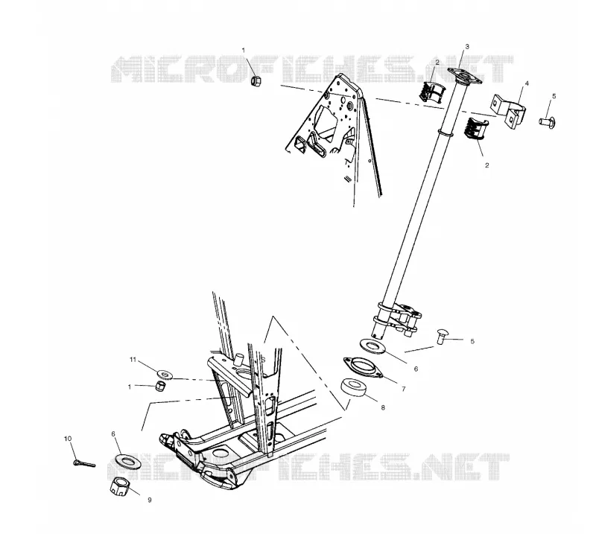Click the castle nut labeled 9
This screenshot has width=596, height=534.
click(x=120, y=486)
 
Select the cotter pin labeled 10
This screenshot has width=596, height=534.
click(x=84, y=463)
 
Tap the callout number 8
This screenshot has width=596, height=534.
click(x=383, y=407)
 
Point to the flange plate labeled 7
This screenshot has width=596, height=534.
click(x=363, y=367)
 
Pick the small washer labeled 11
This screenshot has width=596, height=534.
click(x=165, y=375)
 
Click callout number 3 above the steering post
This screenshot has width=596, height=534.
click(x=467, y=46)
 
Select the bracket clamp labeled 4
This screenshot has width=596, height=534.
click(x=510, y=111)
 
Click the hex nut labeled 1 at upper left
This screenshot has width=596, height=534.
click(x=257, y=80)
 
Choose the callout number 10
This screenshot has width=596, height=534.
click(x=68, y=439)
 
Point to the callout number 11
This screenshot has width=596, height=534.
click(x=133, y=360)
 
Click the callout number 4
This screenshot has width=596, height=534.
click(x=527, y=83)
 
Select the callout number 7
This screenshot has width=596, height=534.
click(x=404, y=389)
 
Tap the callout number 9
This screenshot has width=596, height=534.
click(x=150, y=500)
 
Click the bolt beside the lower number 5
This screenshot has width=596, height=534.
click(x=442, y=336)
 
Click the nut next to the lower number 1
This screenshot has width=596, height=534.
click(x=160, y=387)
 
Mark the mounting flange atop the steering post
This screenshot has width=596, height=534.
click(x=464, y=76)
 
